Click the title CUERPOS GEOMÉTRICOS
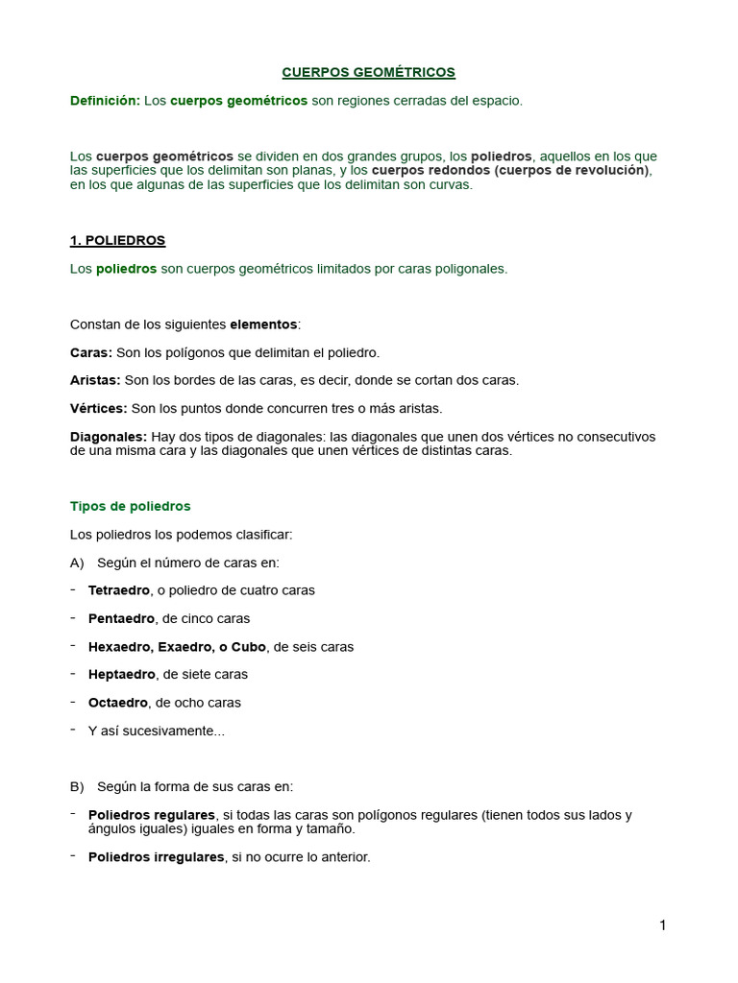(x=368, y=72)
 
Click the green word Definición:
(x=105, y=101)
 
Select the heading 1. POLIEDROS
(x=117, y=240)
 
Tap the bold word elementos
(x=264, y=324)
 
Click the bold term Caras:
(x=91, y=352)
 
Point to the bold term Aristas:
(x=95, y=380)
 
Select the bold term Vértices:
(x=98, y=408)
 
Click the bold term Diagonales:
(x=109, y=437)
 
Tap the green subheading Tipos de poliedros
(x=131, y=506)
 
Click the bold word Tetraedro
(x=118, y=590)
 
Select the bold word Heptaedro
(x=119, y=675)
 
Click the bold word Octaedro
(x=117, y=703)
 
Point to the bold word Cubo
(x=249, y=647)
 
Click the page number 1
(x=662, y=925)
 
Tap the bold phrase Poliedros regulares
(x=151, y=815)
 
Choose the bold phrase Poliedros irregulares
(x=156, y=856)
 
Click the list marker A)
(x=77, y=563)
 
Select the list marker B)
(x=77, y=787)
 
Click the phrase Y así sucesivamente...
(x=154, y=731)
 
